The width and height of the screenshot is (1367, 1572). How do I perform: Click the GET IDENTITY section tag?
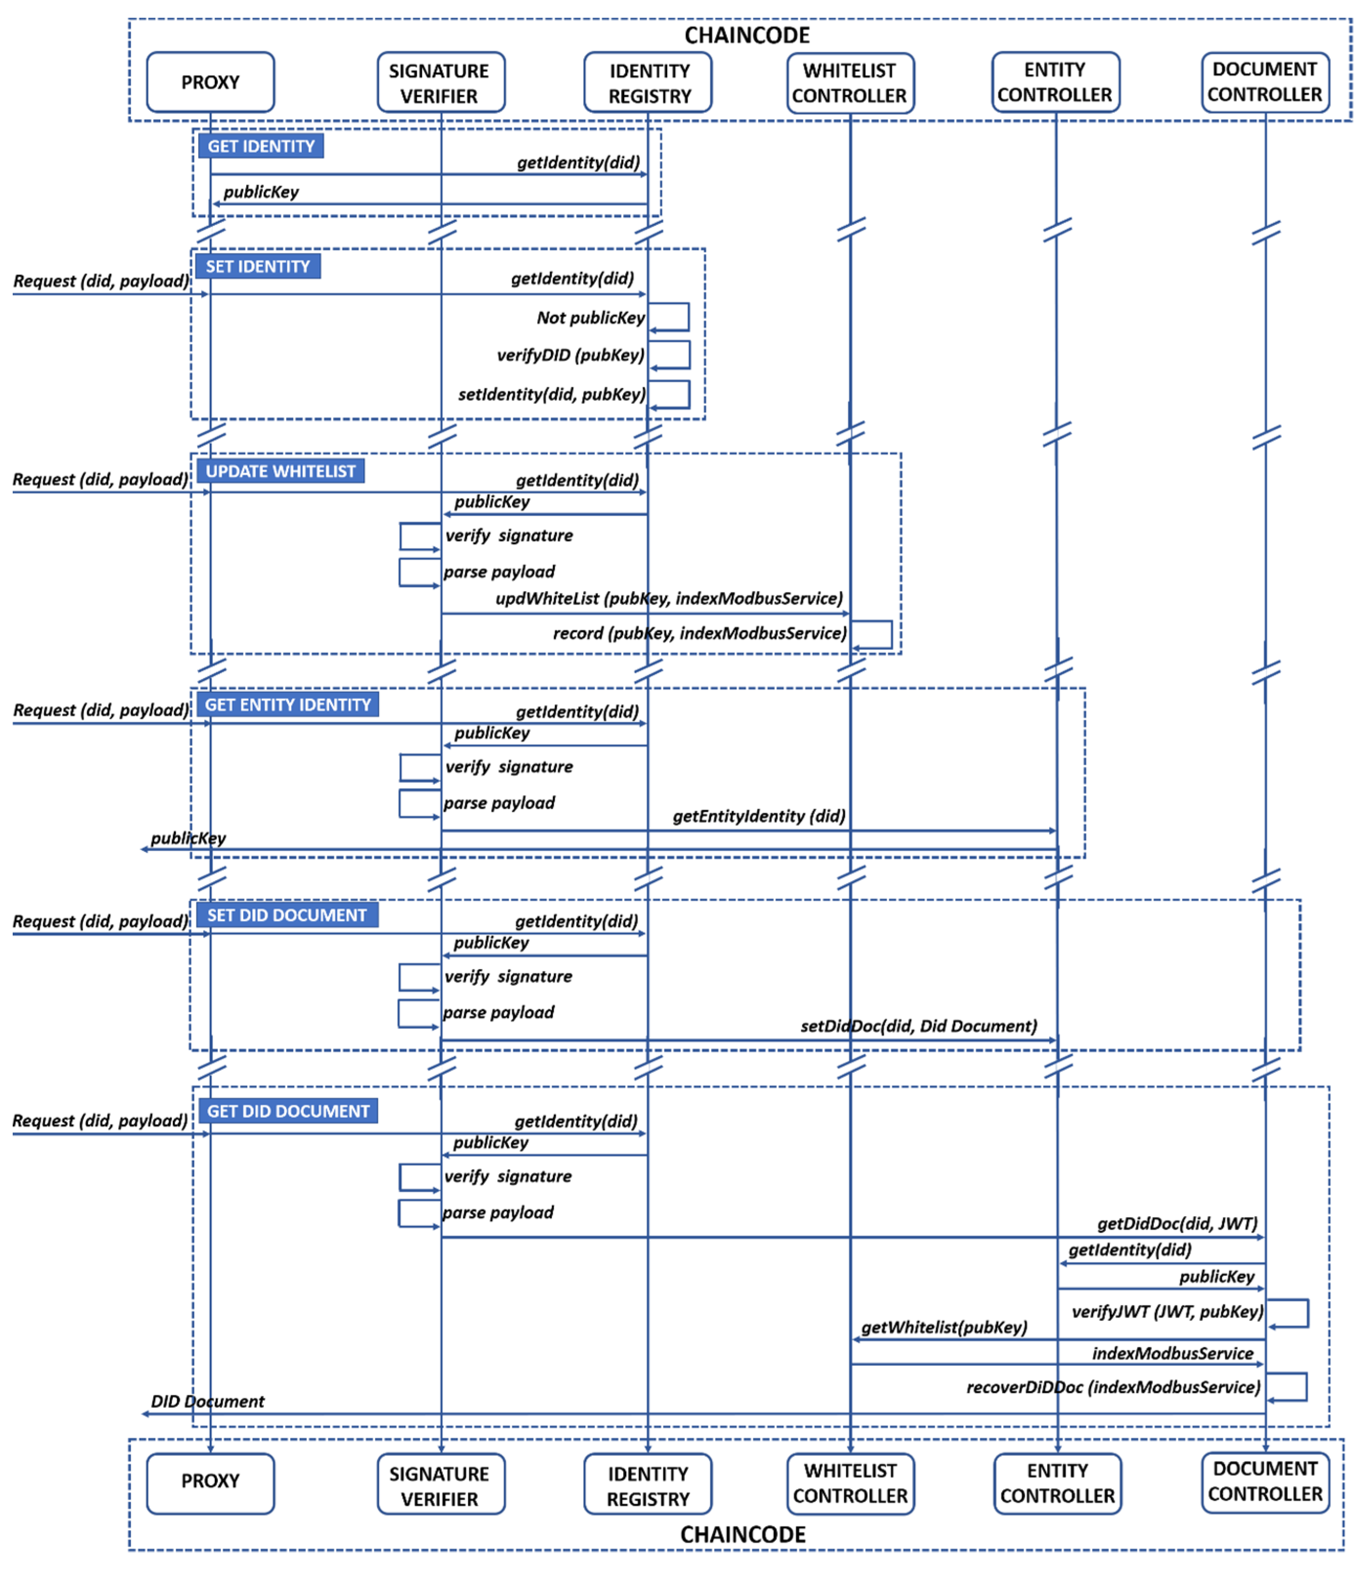(261, 146)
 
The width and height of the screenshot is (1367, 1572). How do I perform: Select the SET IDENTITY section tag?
(258, 266)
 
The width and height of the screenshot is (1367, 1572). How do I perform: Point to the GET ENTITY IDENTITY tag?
(288, 704)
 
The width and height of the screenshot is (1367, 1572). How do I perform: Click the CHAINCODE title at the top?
(746, 35)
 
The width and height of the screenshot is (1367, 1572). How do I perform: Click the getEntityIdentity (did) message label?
(758, 816)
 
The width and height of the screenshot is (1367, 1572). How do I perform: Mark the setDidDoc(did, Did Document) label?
(919, 1026)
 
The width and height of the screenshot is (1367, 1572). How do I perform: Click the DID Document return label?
(208, 1401)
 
